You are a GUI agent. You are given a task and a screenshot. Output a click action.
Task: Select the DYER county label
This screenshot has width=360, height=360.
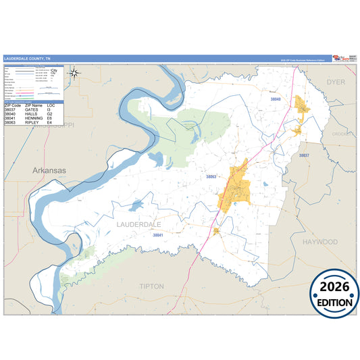tap(336, 81)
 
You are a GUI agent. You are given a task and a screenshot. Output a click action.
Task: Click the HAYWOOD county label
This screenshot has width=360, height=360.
tap(319, 241)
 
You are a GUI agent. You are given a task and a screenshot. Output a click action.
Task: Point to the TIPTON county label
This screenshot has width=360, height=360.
tap(151, 286)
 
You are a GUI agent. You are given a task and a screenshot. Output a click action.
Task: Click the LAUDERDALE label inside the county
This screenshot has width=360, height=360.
tap(139, 223)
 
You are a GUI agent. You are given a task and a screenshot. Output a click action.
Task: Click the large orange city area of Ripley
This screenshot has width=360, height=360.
tap(236, 184)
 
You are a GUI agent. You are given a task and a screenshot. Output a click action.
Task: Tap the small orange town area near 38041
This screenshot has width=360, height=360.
tap(216, 231)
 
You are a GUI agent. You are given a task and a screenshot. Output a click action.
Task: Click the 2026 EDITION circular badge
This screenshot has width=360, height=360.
tap(334, 294)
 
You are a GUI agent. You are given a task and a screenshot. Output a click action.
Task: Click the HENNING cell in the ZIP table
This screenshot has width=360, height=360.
tap(34, 119)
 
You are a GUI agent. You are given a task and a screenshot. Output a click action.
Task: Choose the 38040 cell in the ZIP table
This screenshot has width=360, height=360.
tap(11, 115)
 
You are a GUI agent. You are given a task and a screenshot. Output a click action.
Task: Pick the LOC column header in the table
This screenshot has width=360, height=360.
tap(51, 106)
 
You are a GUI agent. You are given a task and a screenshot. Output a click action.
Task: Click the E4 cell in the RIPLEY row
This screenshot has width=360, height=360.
tap(49, 123)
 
